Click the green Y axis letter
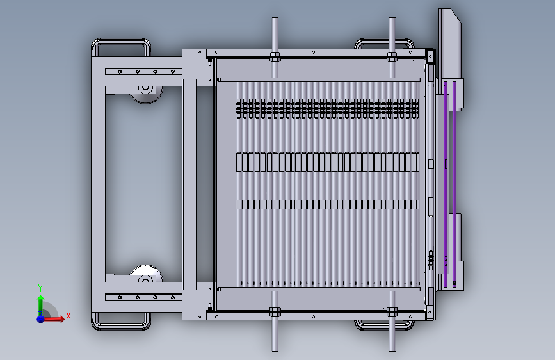40,288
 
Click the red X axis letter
68,316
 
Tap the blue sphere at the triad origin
41,319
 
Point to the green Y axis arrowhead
41,299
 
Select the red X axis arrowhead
61,319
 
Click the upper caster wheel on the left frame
146,94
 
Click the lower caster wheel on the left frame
146,274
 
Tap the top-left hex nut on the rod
275,57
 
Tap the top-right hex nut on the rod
392,57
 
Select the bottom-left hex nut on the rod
275,312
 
